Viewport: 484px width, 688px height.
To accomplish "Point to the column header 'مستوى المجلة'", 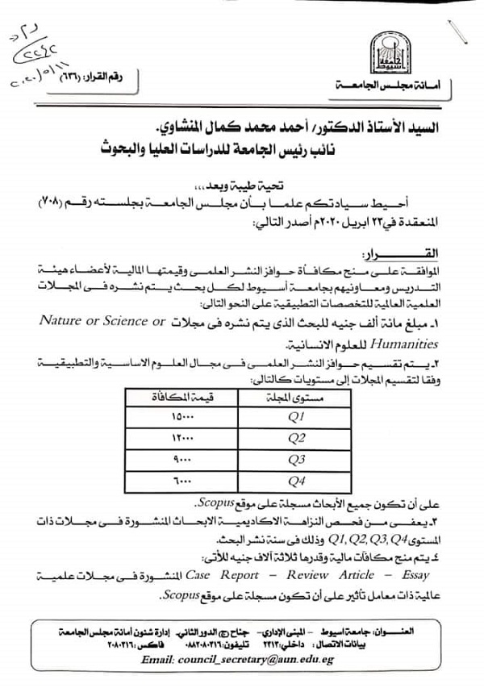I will [x=294, y=398].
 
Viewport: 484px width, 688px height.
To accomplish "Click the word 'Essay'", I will [x=412, y=575].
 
